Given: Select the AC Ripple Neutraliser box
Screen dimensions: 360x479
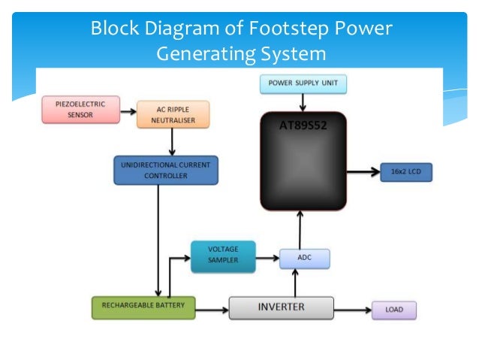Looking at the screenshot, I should point(173,114).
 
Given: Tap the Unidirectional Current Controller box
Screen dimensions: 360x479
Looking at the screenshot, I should point(166,170).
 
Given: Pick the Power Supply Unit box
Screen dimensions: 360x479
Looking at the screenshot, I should point(303,84).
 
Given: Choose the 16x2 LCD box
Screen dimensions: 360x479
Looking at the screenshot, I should point(405,171).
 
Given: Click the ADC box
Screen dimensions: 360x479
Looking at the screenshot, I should point(304,258).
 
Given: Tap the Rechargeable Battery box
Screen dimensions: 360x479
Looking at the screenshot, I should point(143,307).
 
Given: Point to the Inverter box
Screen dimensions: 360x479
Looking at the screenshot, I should point(281,307).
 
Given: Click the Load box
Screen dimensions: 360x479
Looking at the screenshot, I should point(393,309).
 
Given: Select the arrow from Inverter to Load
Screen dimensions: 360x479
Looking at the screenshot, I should point(352,308).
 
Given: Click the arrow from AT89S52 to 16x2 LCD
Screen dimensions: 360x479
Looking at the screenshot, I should point(363,171).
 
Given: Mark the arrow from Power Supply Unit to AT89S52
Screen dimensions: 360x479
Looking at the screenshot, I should point(303,102).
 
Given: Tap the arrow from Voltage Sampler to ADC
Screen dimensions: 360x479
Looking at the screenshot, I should point(267,258).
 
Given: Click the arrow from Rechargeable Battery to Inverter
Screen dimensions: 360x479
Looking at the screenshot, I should point(212,307).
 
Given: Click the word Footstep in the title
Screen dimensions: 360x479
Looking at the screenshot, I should point(288,30).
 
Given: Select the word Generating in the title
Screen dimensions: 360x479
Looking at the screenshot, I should point(206,54).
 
